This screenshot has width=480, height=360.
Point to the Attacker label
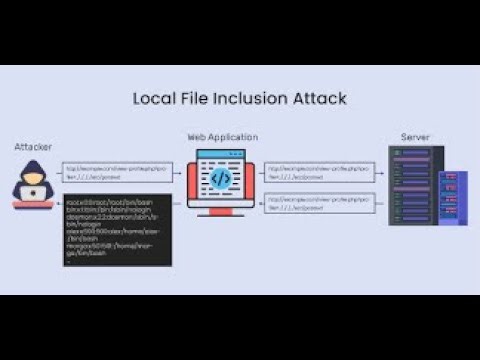pos(33,147)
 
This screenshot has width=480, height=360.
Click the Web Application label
pos(222,137)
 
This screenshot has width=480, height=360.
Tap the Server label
pos(415,137)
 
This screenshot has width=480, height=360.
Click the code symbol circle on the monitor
pos(221,179)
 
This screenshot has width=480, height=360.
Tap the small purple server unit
pos(453,197)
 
